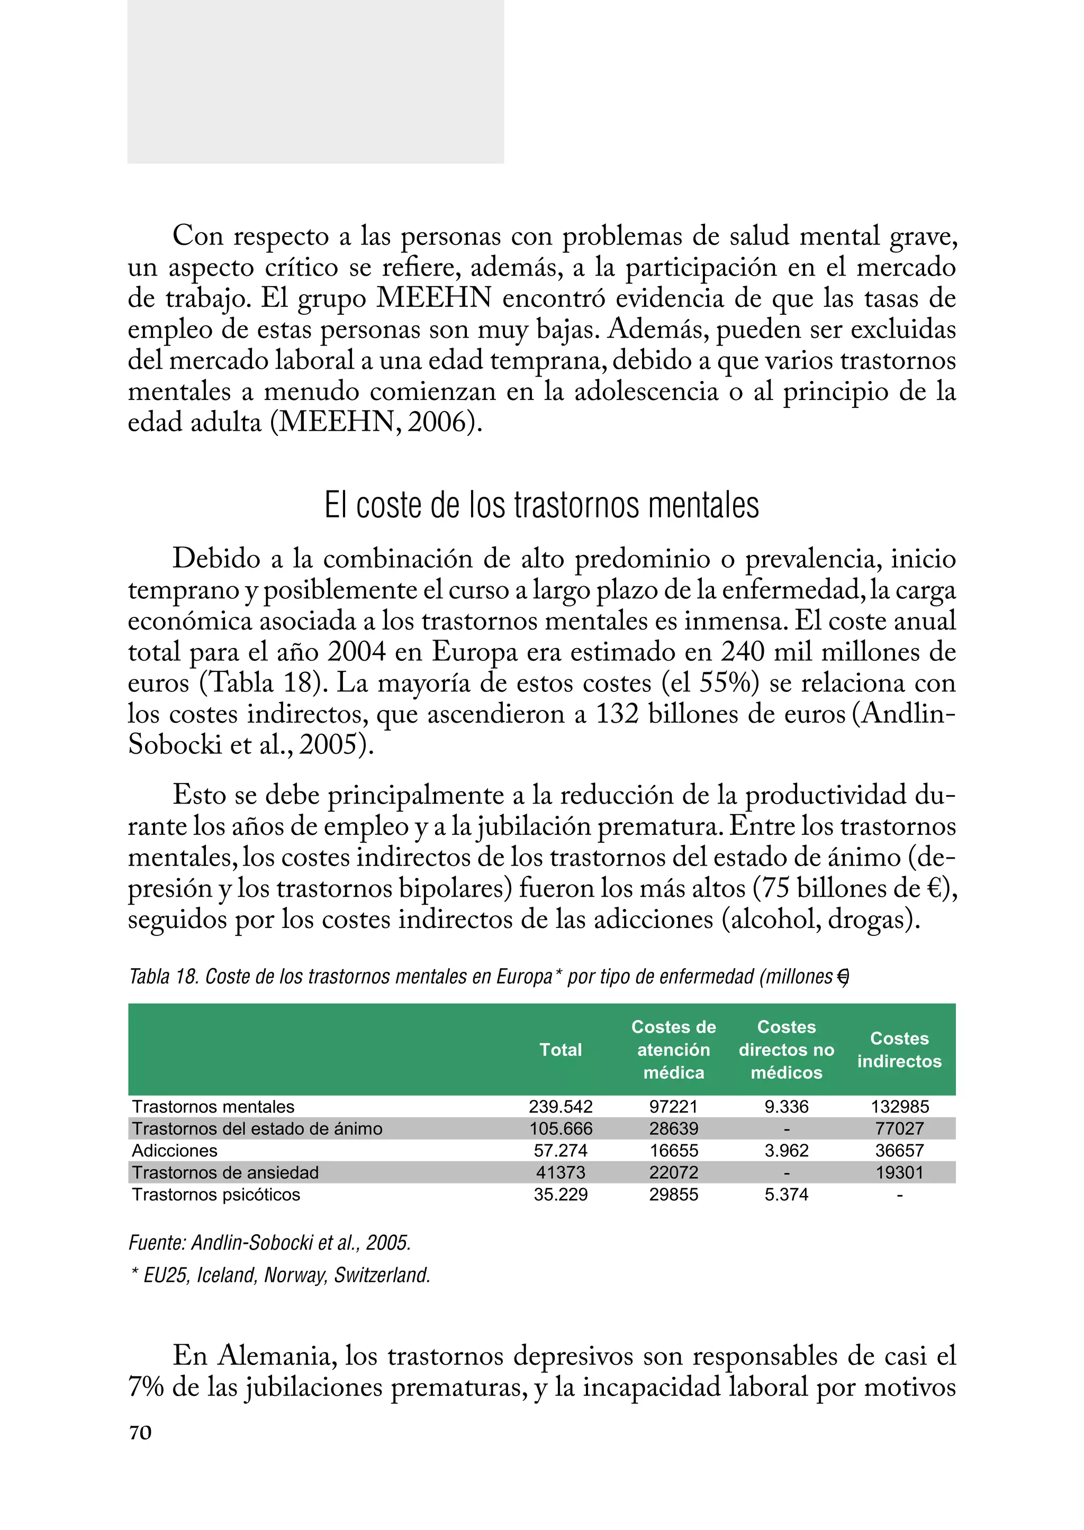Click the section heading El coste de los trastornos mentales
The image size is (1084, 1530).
point(541,506)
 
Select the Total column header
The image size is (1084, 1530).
point(560,1050)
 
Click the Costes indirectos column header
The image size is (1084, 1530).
point(899,1050)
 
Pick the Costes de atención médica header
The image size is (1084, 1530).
point(673,1050)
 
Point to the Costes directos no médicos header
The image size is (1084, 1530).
point(787,1050)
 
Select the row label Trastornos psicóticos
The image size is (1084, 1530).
point(216,1195)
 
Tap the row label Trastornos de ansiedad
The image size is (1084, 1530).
point(225,1173)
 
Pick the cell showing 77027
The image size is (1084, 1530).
point(899,1129)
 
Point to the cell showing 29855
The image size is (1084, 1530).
point(673,1195)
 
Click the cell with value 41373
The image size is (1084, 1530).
point(560,1173)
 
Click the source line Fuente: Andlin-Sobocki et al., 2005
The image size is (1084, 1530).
point(269,1243)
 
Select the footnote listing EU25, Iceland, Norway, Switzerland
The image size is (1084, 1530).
point(281,1275)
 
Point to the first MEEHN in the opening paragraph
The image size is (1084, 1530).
point(434,298)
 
